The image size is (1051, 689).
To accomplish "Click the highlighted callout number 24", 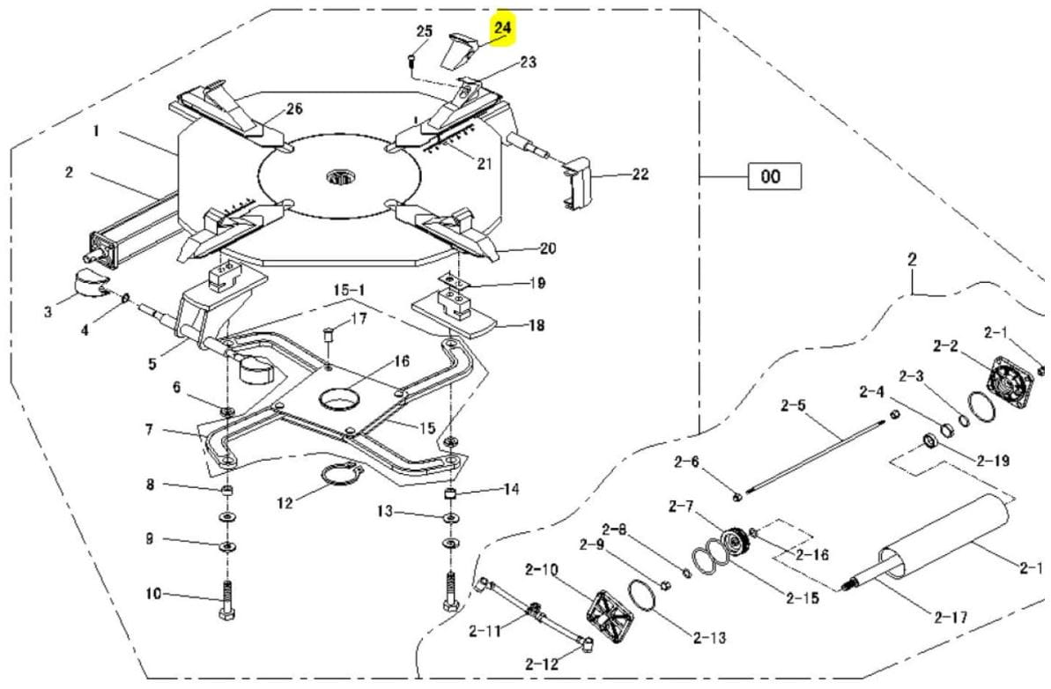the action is (x=503, y=28).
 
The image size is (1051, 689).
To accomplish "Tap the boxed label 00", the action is (x=774, y=176).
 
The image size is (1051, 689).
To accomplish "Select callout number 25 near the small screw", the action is (x=425, y=32).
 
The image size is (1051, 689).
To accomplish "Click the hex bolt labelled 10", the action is (x=226, y=600).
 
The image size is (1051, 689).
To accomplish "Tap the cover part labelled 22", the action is (x=577, y=182).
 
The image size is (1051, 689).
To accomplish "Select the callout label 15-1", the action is (x=349, y=290).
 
